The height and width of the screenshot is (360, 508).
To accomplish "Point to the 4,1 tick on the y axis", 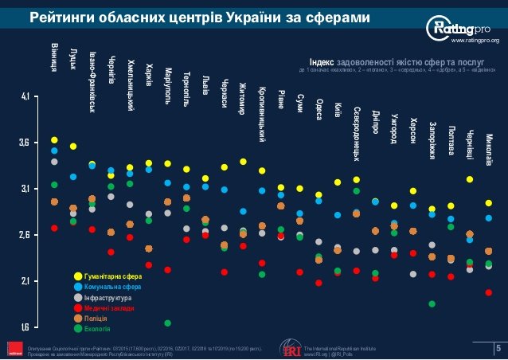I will point(25,97).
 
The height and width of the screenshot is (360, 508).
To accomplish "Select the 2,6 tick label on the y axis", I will point(25,236).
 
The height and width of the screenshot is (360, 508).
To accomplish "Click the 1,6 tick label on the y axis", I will point(25,327).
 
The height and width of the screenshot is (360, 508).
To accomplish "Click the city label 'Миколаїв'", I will point(488,149).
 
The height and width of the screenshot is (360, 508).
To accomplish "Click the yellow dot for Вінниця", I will point(54,140).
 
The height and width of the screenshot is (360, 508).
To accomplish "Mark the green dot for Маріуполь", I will point(168,323).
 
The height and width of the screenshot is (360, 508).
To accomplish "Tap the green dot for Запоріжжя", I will point(432,303).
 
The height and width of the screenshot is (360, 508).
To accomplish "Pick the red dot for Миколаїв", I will point(488,292).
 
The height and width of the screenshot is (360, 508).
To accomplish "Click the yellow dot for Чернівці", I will point(470,179).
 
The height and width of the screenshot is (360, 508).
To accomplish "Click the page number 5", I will point(498,347).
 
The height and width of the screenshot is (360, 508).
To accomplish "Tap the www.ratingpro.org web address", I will point(475,40).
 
